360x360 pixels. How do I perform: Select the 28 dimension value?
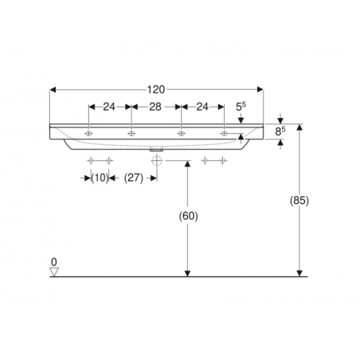[156, 107]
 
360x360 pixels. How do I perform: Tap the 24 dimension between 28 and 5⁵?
[203, 107]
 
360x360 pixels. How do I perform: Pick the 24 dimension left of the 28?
[109, 107]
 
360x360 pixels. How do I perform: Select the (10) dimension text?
[99, 178]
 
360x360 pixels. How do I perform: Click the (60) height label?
[187, 216]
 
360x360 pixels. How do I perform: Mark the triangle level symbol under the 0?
[53, 272]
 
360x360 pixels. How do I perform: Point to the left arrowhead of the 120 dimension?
[53, 89]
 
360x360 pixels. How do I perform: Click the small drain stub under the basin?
[156, 148]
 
